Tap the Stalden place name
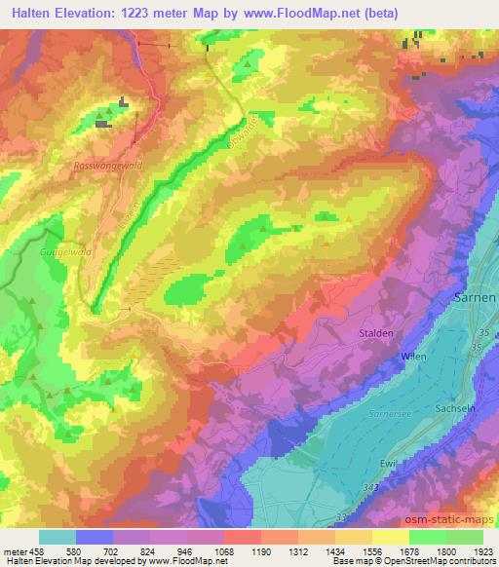375,333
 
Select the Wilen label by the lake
414,357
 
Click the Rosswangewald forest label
107,167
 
